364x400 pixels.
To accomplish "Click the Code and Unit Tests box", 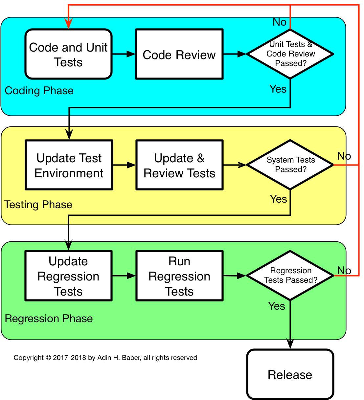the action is [x=68, y=54].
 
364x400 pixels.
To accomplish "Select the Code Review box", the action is [x=179, y=54].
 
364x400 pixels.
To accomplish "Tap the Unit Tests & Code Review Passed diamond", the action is [x=290, y=54].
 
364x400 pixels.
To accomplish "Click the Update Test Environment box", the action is [x=69, y=165].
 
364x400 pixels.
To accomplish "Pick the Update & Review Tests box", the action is [x=179, y=165].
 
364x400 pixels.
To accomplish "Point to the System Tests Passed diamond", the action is [x=290, y=165].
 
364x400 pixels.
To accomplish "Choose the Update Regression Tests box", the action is [x=68, y=276].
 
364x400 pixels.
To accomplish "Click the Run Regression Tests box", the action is [x=179, y=276].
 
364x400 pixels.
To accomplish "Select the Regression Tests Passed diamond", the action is [x=290, y=276].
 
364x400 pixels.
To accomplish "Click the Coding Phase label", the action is [x=39, y=91].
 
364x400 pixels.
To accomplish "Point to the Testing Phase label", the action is [x=38, y=205].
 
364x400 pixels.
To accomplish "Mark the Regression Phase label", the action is [x=49, y=319].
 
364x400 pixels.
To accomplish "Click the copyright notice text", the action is [x=105, y=358].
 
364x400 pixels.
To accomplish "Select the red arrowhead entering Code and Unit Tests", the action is [x=68, y=24].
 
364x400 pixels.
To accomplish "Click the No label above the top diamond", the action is [x=279, y=22].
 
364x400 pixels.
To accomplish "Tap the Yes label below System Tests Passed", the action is [x=278, y=199].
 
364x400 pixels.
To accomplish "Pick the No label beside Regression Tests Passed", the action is [x=344, y=270].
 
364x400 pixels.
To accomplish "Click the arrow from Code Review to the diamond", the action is [x=235, y=54].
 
